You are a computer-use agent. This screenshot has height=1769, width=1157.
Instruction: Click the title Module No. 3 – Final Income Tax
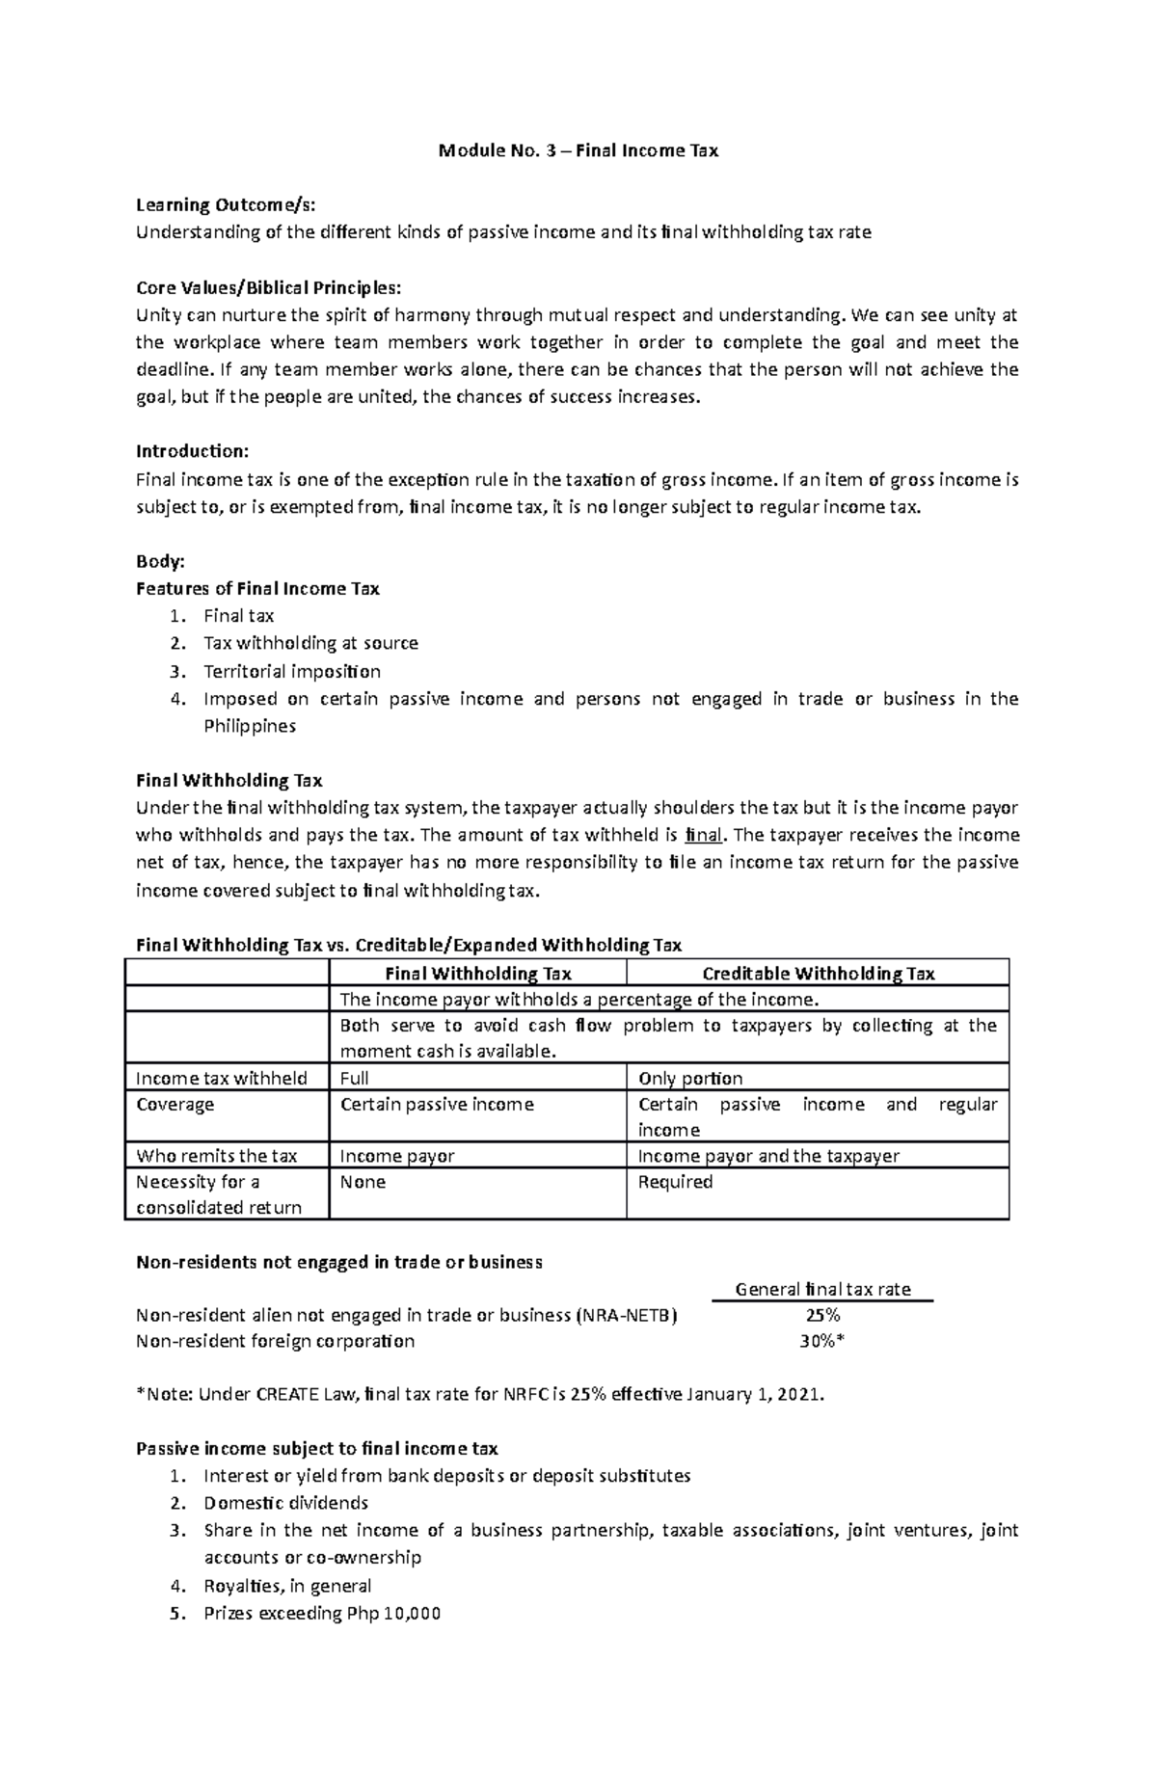[x=578, y=150]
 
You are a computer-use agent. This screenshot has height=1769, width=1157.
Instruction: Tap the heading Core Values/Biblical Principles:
[x=267, y=287]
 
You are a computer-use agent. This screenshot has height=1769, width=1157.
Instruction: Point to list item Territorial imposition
[x=292, y=671]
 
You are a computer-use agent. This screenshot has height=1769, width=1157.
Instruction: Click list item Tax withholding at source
[x=310, y=643]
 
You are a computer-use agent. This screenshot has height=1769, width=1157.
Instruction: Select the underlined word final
[x=702, y=835]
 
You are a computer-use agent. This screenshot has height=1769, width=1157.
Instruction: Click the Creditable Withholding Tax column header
[x=818, y=974]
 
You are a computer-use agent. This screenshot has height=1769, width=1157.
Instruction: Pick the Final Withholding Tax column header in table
[x=478, y=974]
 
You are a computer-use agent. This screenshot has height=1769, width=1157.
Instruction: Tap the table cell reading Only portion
[x=690, y=1078]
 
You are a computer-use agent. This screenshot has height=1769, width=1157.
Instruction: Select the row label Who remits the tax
[x=216, y=1156]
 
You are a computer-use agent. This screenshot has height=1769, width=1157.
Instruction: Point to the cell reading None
[x=363, y=1182]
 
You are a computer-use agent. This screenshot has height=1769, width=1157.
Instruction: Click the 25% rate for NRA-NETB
[x=822, y=1315]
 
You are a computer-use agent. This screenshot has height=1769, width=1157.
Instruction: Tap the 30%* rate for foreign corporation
[x=822, y=1341]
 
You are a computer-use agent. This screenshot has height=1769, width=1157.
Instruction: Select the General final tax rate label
[x=822, y=1289]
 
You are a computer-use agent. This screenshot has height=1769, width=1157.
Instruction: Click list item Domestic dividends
[x=286, y=1503]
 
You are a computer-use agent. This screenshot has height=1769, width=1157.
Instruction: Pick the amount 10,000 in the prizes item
[x=411, y=1614]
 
